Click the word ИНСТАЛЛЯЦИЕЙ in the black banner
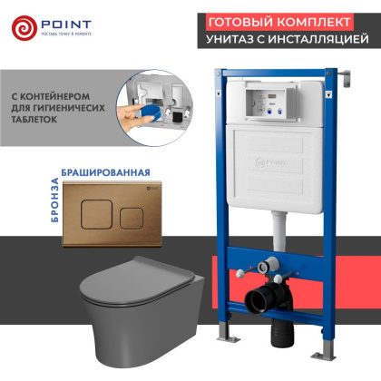tap(318, 40)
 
